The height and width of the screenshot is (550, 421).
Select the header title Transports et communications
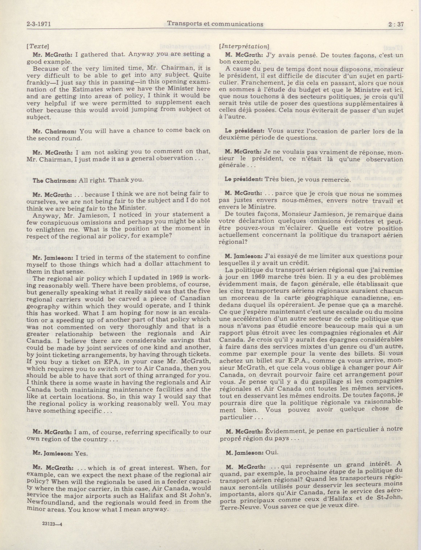pos(215,24)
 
